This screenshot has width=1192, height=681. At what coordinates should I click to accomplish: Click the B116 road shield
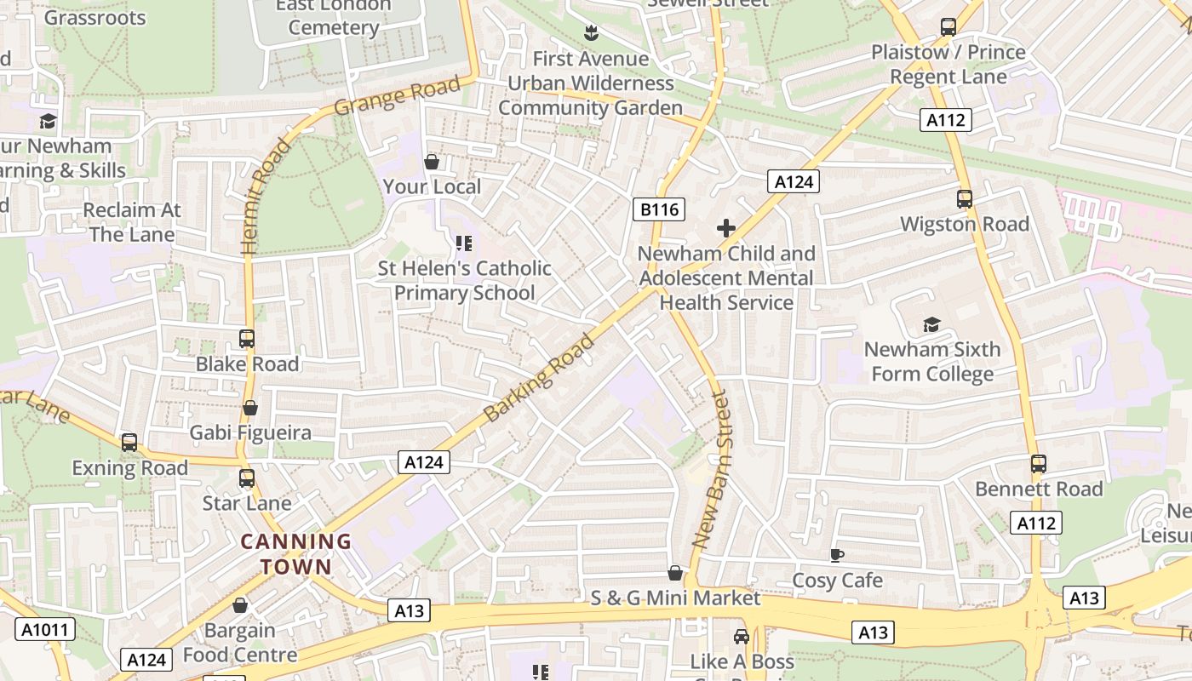659,209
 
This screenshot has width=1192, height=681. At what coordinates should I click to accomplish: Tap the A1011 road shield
45,630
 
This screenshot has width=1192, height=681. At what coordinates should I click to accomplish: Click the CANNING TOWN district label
295,553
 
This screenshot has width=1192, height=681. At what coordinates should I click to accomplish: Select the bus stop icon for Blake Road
247,339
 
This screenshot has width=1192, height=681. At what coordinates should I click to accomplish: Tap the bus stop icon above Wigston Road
964,199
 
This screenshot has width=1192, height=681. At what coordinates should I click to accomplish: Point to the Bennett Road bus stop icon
1038,464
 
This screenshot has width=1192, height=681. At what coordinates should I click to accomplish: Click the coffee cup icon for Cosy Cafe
837,555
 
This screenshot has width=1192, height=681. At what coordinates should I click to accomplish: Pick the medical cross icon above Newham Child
726,228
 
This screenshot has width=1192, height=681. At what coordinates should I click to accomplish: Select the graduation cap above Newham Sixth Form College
931,324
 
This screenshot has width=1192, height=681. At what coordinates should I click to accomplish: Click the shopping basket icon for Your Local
432,162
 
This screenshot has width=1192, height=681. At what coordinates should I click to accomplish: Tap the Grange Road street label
397,95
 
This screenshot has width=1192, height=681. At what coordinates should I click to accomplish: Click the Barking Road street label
539,378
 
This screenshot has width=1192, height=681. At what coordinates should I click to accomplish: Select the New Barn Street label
713,468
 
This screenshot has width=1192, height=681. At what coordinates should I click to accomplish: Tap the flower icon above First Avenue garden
590,33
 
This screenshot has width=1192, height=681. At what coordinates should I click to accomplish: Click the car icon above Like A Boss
741,637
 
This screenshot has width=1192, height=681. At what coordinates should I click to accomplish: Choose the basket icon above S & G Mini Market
675,573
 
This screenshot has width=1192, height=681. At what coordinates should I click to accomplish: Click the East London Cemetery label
332,17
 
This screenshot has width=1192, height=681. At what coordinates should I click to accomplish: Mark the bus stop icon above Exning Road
129,443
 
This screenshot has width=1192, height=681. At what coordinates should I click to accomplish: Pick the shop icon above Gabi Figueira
250,408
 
